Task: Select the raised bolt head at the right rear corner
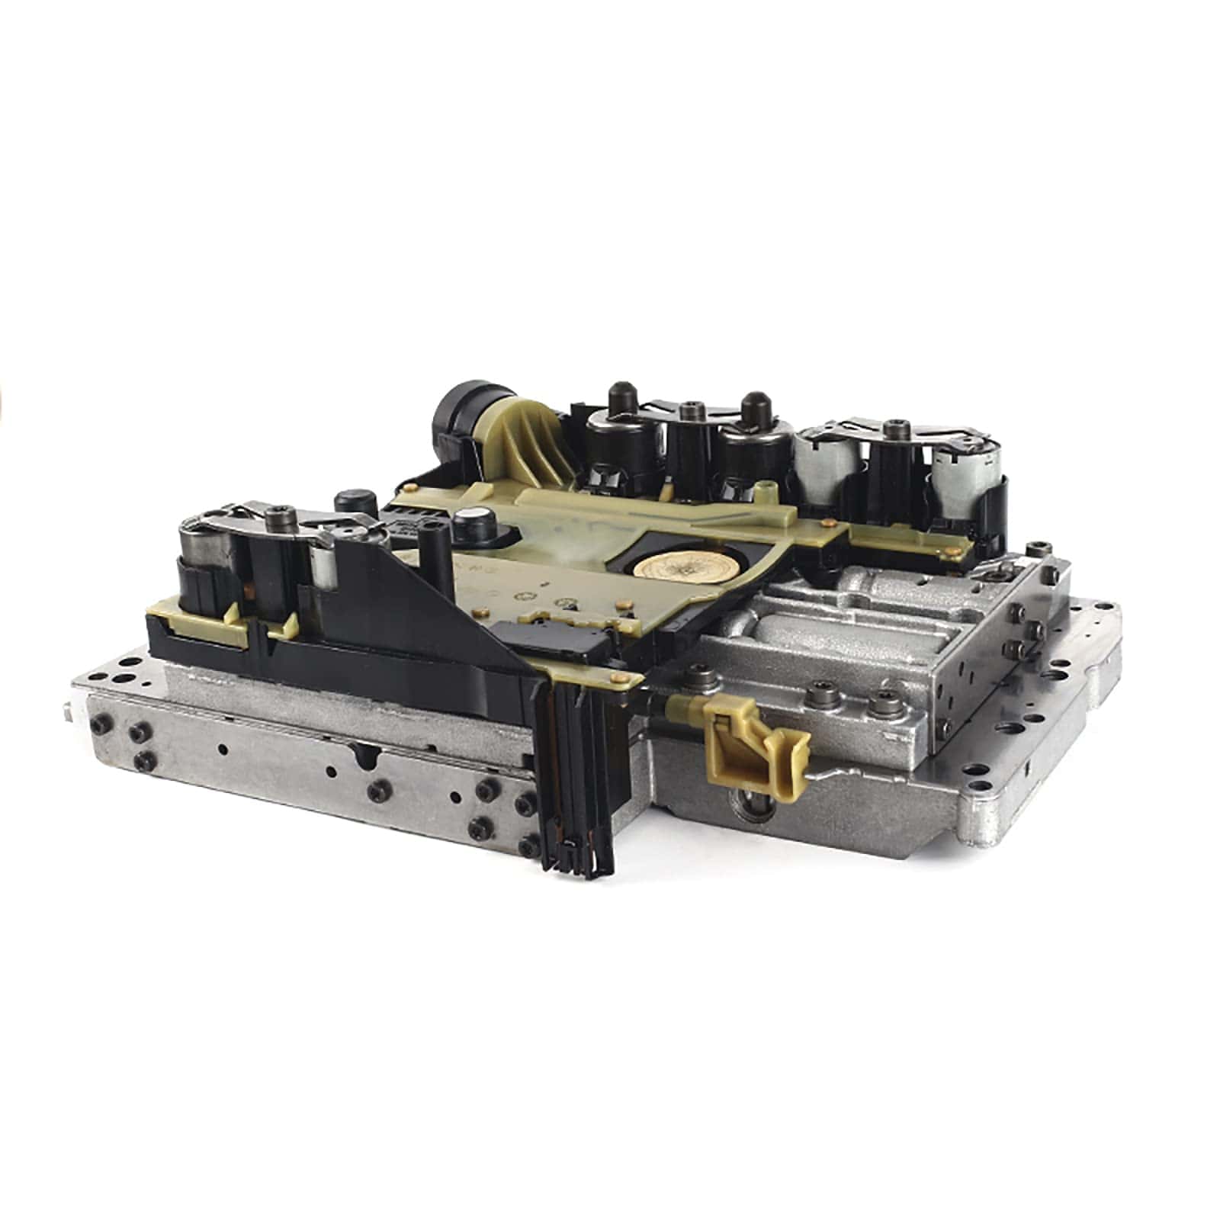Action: pos(1035,547)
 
